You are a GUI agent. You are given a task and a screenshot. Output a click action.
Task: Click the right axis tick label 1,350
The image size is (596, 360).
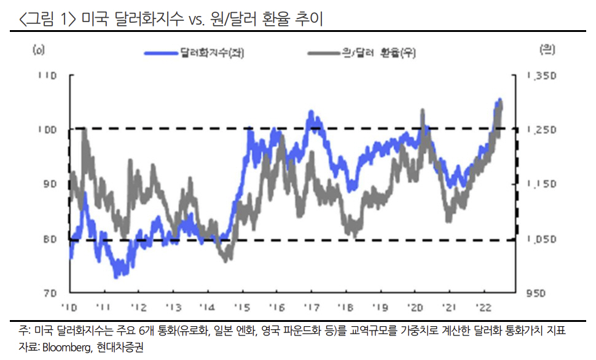coord(541,76)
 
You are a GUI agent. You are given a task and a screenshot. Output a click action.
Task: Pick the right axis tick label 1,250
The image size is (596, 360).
coord(541,130)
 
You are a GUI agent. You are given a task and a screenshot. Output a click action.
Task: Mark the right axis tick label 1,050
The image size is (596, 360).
coord(541,239)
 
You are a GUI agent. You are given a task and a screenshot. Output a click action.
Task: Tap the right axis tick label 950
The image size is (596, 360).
coord(535,294)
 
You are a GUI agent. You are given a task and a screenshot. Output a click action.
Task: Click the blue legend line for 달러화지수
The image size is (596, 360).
coord(162,54)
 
